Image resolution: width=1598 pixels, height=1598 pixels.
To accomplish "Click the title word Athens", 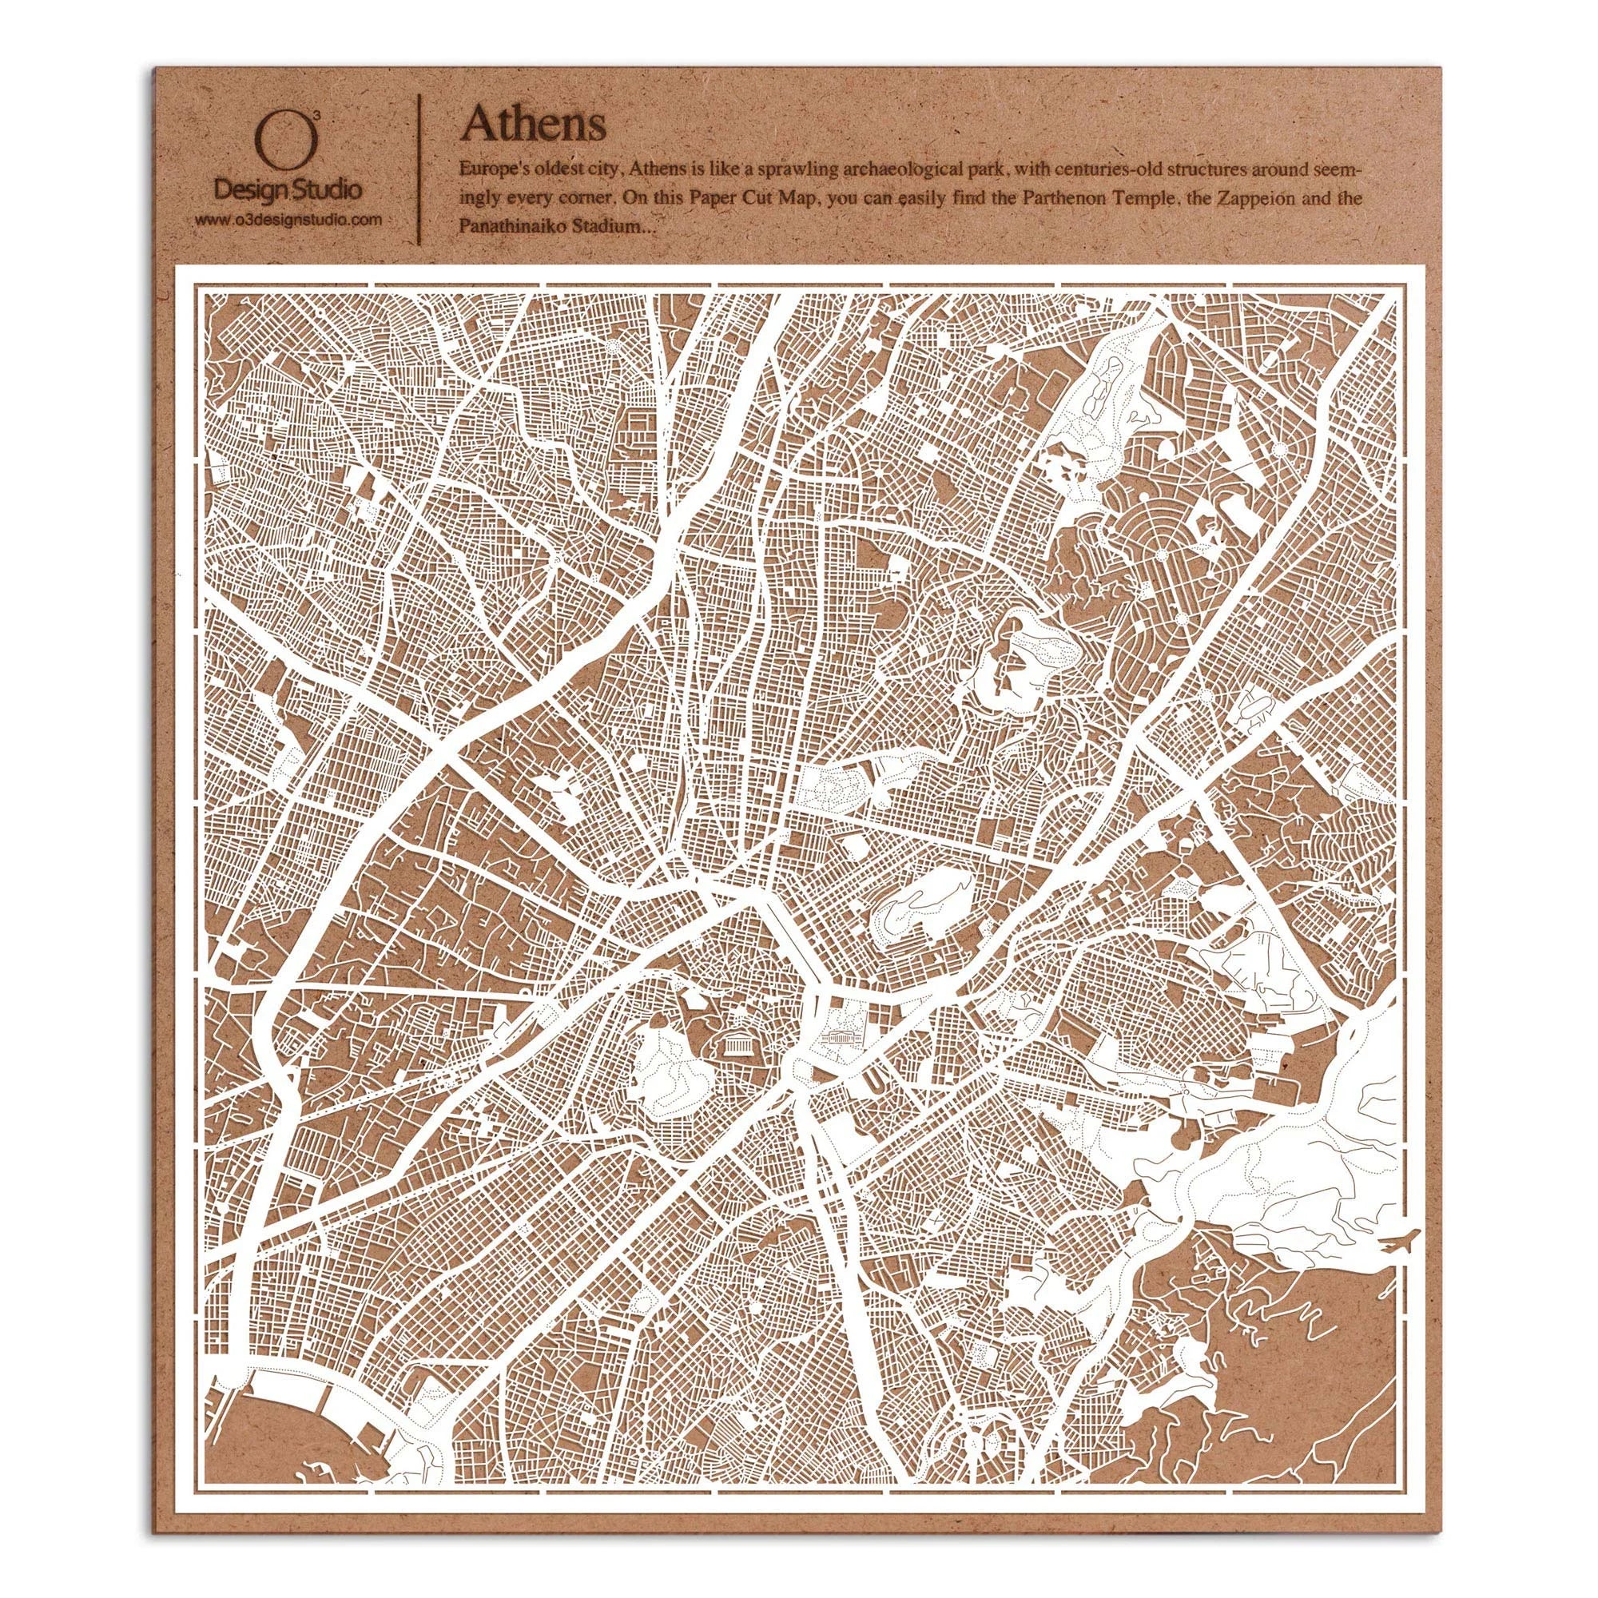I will (x=534, y=123).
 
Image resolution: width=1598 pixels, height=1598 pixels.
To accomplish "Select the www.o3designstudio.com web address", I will (x=288, y=219).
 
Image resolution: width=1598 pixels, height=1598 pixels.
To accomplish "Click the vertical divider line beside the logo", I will (x=423, y=169).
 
